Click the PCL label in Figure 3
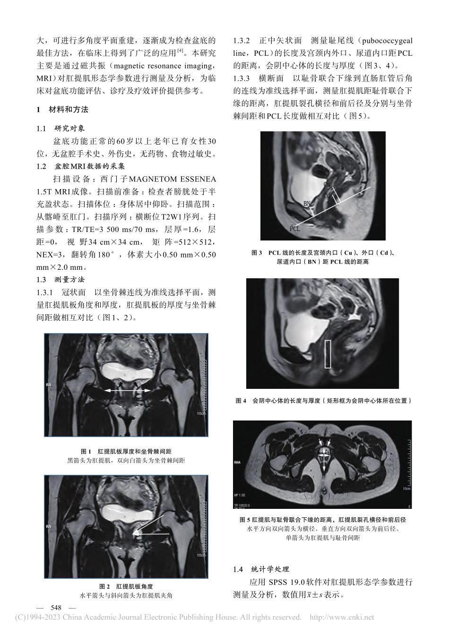294,229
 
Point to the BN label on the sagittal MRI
307,204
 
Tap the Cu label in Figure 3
327,184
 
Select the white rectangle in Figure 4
328,353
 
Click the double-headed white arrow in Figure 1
127,390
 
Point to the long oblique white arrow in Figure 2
149,524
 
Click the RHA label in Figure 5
238,462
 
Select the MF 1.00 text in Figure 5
241,496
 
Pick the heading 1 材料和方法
62,110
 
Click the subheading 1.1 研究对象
61,129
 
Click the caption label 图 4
241,401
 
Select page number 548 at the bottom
56,608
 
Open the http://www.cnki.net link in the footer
341,617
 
